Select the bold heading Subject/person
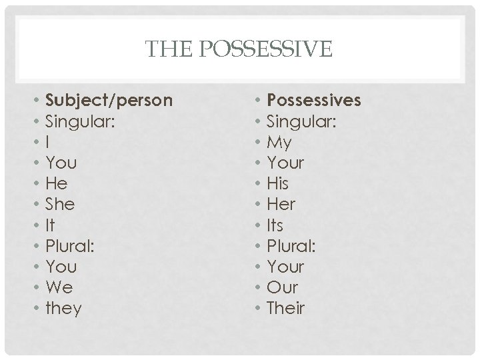click(109, 101)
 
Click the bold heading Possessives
click(313, 101)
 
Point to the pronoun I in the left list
click(47, 143)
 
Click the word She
click(59, 204)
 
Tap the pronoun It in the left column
click(50, 225)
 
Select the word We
click(59, 287)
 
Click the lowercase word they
click(63, 309)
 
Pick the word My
click(279, 143)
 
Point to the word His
click(277, 183)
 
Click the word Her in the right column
click(281, 204)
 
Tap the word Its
click(276, 225)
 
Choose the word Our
click(282, 287)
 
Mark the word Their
click(285, 308)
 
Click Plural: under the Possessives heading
click(291, 246)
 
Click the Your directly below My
click(285, 163)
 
